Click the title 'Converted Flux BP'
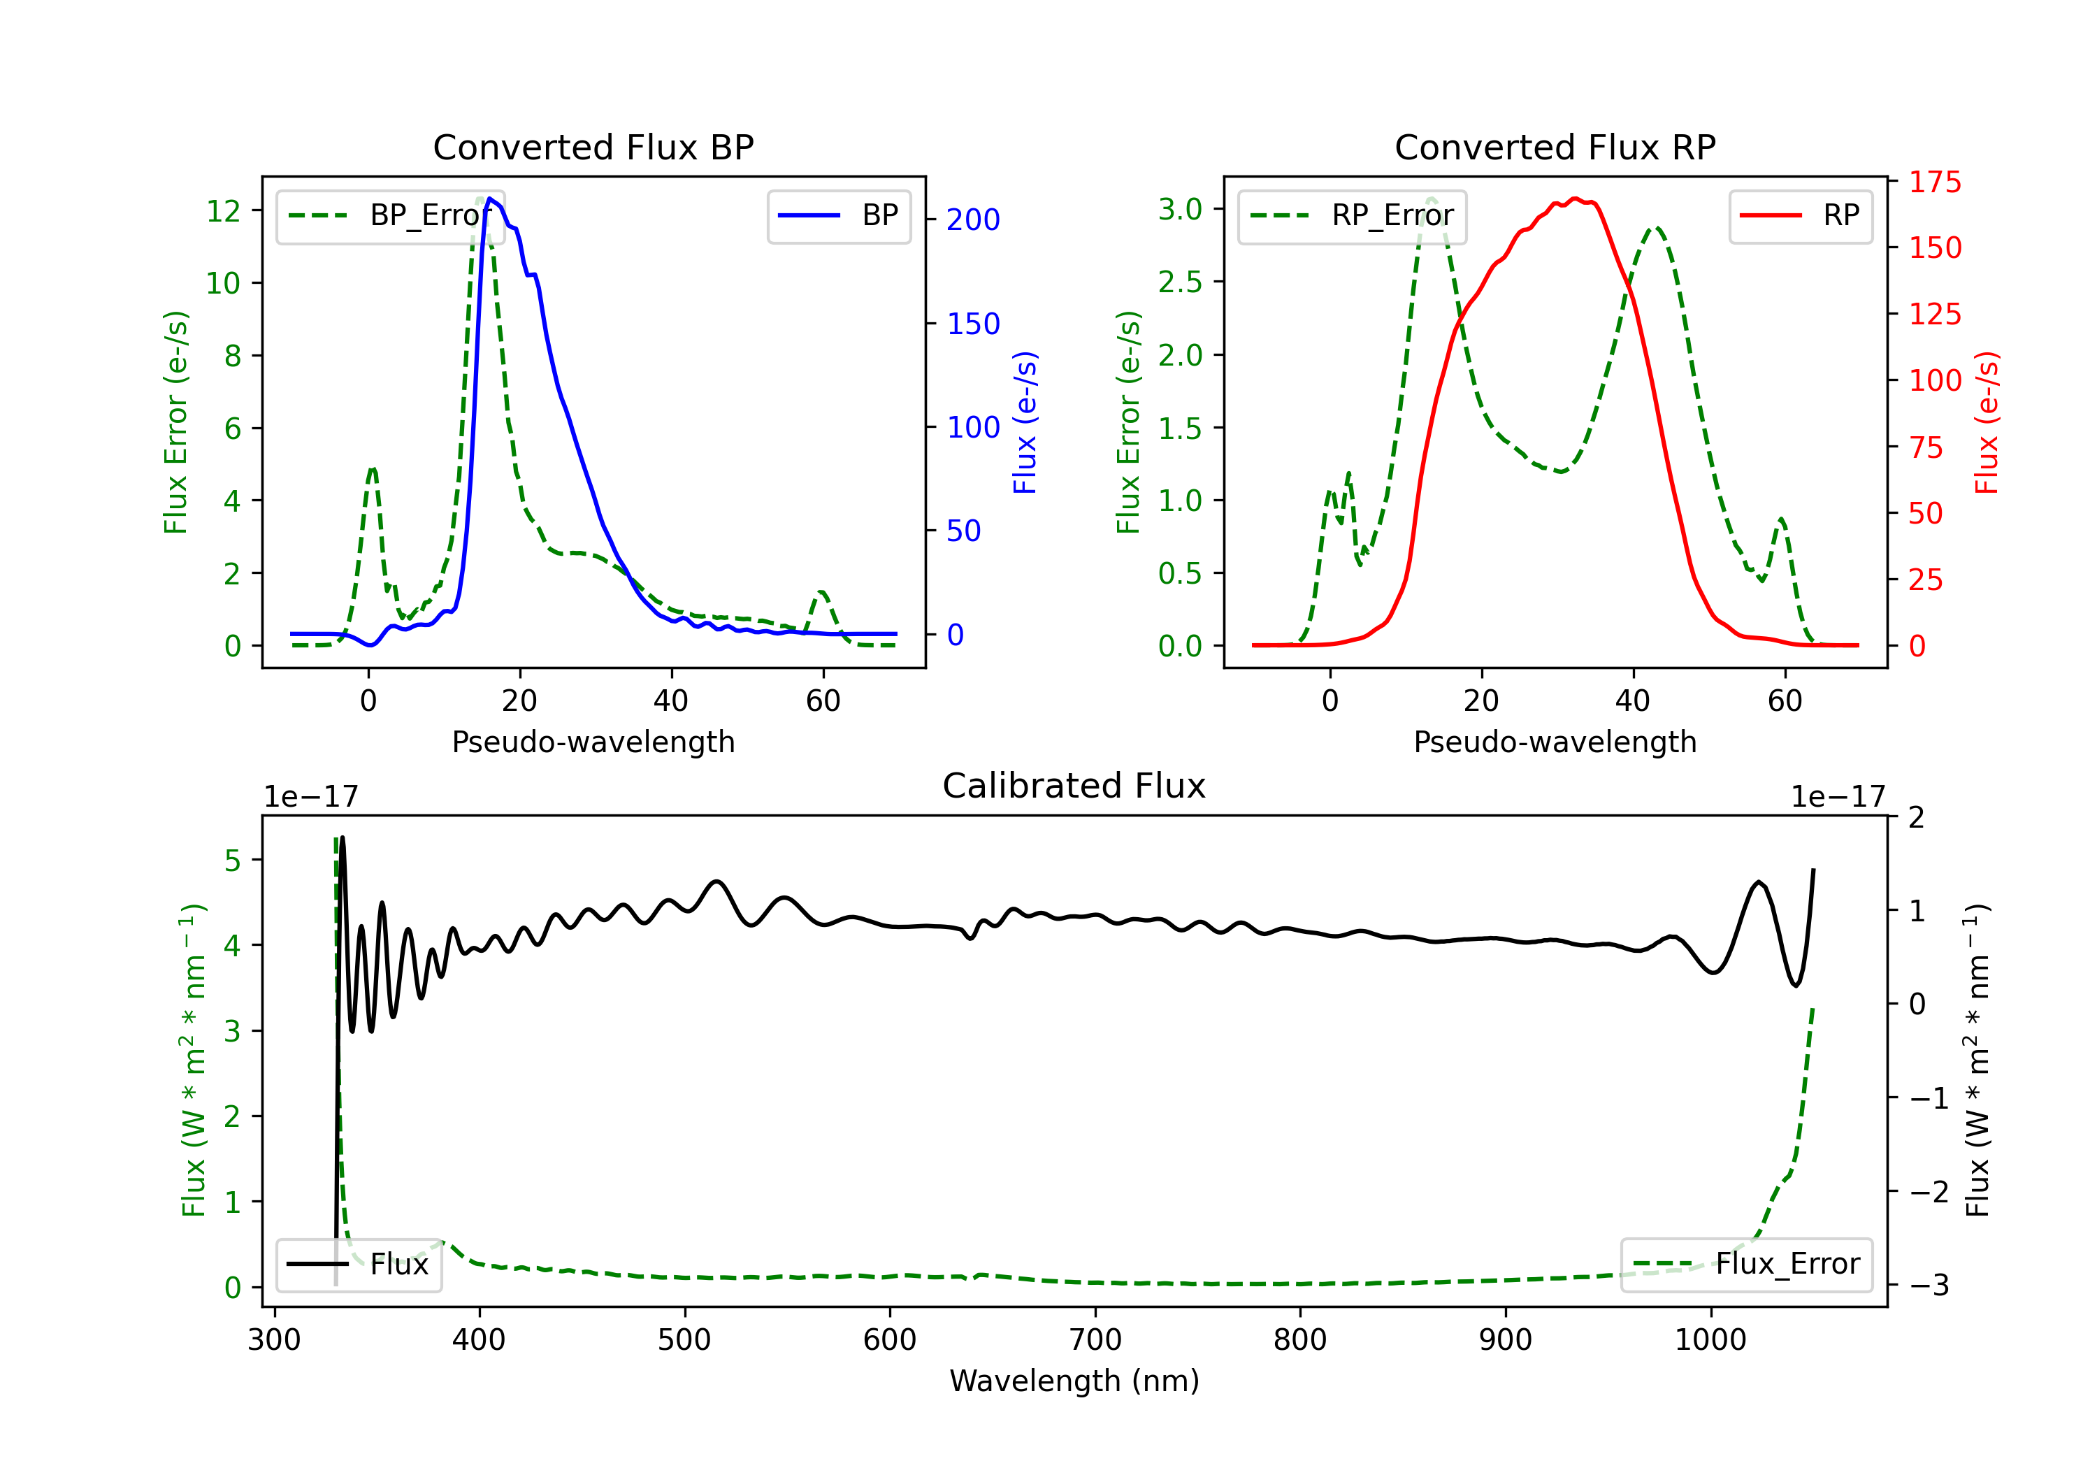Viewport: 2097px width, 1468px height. [593, 147]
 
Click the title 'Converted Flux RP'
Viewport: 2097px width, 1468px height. [1555, 147]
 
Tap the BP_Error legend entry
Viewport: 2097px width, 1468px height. [390, 215]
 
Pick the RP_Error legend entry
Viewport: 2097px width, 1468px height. [1352, 215]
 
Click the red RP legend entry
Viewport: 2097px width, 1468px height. [1800, 215]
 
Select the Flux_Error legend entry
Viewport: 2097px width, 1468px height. [1746, 1265]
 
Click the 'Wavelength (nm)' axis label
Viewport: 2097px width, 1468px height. [1074, 1381]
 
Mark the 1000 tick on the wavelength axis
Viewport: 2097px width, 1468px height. [1710, 1339]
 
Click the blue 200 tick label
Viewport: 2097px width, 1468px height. [973, 220]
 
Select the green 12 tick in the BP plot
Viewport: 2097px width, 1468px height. [223, 211]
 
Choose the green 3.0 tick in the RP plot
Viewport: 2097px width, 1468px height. [1180, 209]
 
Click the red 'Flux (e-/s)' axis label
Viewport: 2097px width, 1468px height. [1986, 422]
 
